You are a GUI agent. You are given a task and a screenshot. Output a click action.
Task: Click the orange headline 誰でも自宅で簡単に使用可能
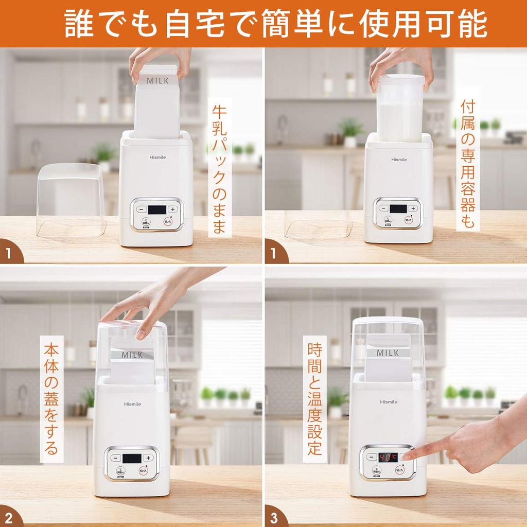click(x=275, y=24)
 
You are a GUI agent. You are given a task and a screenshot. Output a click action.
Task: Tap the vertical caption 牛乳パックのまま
click(x=219, y=170)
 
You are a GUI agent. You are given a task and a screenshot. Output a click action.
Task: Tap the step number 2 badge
click(x=9, y=517)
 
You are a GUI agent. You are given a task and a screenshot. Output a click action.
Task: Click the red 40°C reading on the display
click(x=388, y=457)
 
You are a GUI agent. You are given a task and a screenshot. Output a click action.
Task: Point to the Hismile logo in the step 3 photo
click(x=390, y=401)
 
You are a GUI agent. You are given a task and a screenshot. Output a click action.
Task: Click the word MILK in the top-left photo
click(x=157, y=81)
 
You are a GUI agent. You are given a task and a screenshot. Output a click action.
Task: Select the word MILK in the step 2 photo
click(x=132, y=355)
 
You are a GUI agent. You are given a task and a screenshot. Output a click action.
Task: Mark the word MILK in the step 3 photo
click(x=388, y=353)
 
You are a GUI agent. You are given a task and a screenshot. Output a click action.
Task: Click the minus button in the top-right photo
click(x=383, y=208)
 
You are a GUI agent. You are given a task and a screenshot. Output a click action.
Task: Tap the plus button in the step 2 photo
click(x=148, y=458)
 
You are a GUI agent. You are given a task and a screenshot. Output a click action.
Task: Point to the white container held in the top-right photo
click(x=400, y=111)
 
